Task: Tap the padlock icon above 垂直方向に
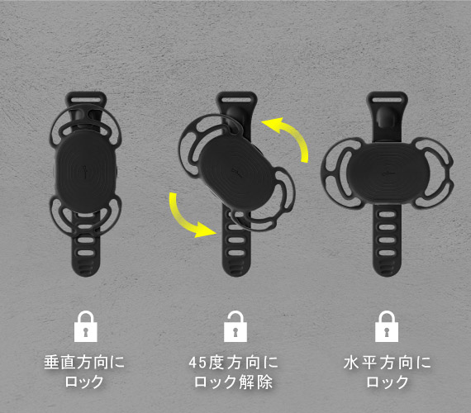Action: pyautogui.click(x=86, y=326)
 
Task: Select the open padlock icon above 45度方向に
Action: pyautogui.click(x=235, y=326)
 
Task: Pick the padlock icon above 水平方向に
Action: pyautogui.click(x=387, y=326)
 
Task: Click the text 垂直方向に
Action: pyautogui.click(x=84, y=362)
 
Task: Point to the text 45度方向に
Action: pyautogui.click(x=233, y=362)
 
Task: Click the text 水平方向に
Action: pyautogui.click(x=388, y=362)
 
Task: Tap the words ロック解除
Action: pyautogui.click(x=233, y=382)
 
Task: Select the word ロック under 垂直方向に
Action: pyautogui.click(x=84, y=382)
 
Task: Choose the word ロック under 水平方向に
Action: pyautogui.click(x=388, y=382)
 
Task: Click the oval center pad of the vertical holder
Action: pyautogui.click(x=86, y=172)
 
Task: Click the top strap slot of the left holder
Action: pyautogui.click(x=86, y=99)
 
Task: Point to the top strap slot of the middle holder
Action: pyautogui.click(x=236, y=99)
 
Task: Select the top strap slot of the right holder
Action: pyautogui.click(x=388, y=99)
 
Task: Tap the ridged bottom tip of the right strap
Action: pyautogui.click(x=387, y=268)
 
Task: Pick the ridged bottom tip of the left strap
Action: pyautogui.click(x=86, y=268)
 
